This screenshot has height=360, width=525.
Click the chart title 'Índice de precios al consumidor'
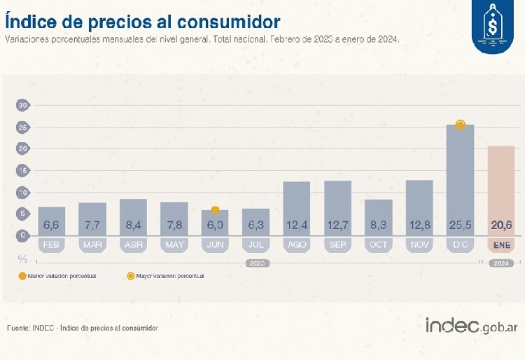143,21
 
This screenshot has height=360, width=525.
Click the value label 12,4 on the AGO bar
297,225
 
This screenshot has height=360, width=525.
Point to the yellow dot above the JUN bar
216,210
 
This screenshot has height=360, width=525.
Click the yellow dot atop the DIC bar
460,125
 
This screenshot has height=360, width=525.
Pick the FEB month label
51,245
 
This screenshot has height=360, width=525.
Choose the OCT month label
378,245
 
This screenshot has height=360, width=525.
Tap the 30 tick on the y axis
23,105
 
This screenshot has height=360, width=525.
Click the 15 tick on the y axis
23,171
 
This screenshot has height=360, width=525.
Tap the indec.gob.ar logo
470,326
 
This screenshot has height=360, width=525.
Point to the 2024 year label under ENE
500,263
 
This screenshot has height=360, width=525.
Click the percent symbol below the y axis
22,258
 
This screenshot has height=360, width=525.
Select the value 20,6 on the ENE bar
500,225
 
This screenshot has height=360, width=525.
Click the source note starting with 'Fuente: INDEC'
83,328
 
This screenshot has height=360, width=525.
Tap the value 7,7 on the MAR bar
92,225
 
